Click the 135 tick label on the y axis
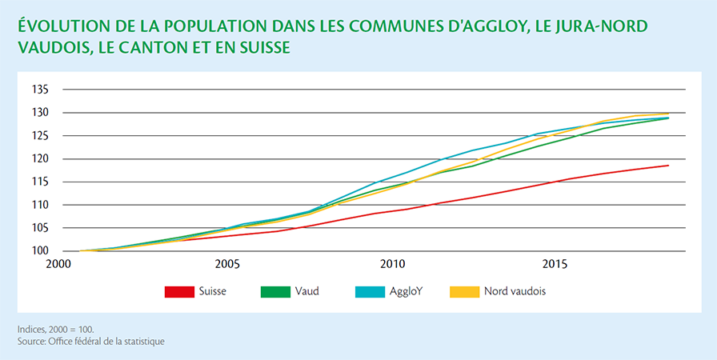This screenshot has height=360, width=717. [39, 90]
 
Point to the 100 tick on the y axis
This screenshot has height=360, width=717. [39, 251]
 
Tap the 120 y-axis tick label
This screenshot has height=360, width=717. [39, 159]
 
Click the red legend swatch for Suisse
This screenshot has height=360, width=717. [179, 291]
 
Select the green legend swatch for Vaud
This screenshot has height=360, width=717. [275, 291]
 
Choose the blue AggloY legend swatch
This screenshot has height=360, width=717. [370, 291]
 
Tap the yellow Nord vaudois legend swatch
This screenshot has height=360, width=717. [465, 291]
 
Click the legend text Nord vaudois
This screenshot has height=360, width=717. [515, 291]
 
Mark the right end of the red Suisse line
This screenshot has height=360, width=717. [668, 166]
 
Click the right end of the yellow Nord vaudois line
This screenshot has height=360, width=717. [668, 114]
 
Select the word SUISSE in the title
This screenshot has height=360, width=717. [262, 47]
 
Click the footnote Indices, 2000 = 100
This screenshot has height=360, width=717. [56, 329]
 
